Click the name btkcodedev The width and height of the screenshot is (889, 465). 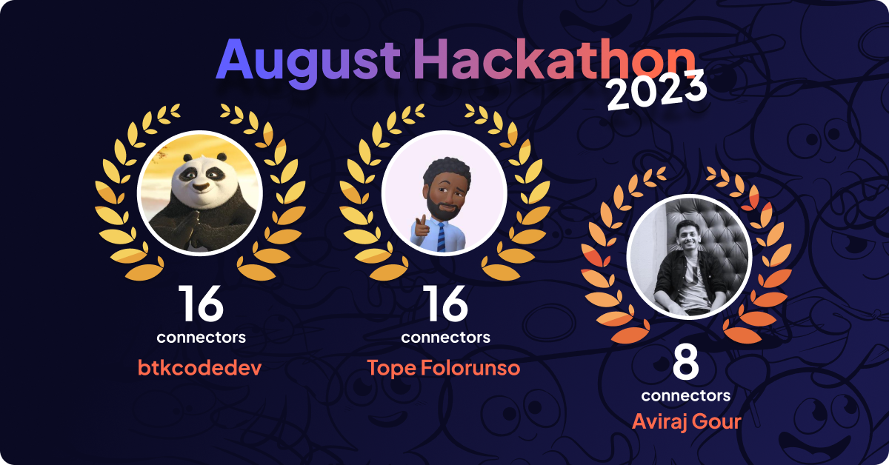(x=201, y=367)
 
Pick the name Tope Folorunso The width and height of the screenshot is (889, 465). (x=444, y=367)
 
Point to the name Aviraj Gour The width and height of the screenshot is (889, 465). (x=686, y=421)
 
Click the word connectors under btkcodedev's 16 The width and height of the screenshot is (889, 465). (x=201, y=338)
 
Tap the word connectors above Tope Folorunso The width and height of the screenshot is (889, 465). (x=445, y=338)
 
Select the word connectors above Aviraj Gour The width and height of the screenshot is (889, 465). (x=686, y=395)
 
